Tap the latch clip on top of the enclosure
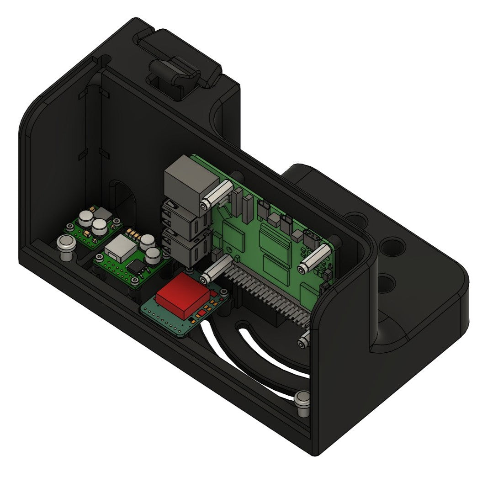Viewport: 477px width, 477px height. [x=174, y=78]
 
